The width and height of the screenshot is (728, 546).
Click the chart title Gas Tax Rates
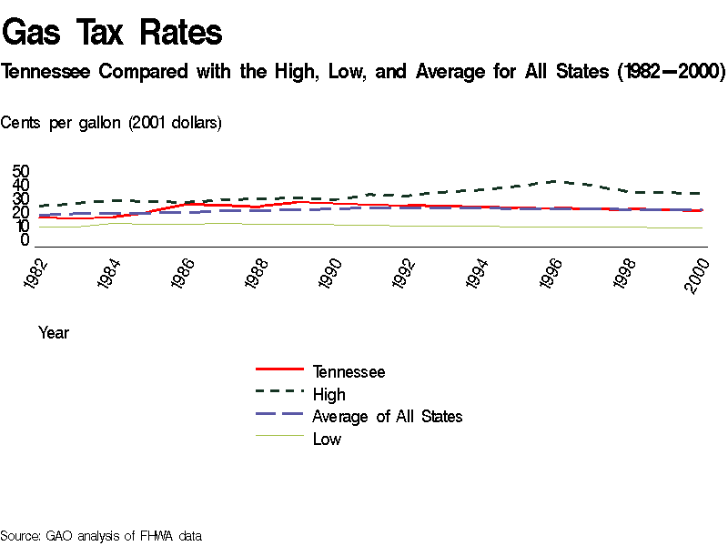[113, 33]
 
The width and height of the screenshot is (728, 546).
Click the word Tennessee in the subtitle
[45, 71]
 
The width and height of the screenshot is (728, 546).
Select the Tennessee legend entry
[349, 371]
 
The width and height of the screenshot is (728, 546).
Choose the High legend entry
[329, 394]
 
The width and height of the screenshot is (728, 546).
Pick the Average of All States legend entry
[387, 416]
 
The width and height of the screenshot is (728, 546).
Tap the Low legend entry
[327, 439]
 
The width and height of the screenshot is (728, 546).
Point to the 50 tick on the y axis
[21, 172]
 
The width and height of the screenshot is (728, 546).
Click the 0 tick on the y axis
[25, 240]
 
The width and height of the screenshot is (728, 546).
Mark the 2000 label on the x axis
[699, 273]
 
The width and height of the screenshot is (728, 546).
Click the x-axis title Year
[54, 333]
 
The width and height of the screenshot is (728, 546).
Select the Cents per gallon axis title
[111, 122]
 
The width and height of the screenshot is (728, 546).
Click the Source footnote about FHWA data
[100, 536]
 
